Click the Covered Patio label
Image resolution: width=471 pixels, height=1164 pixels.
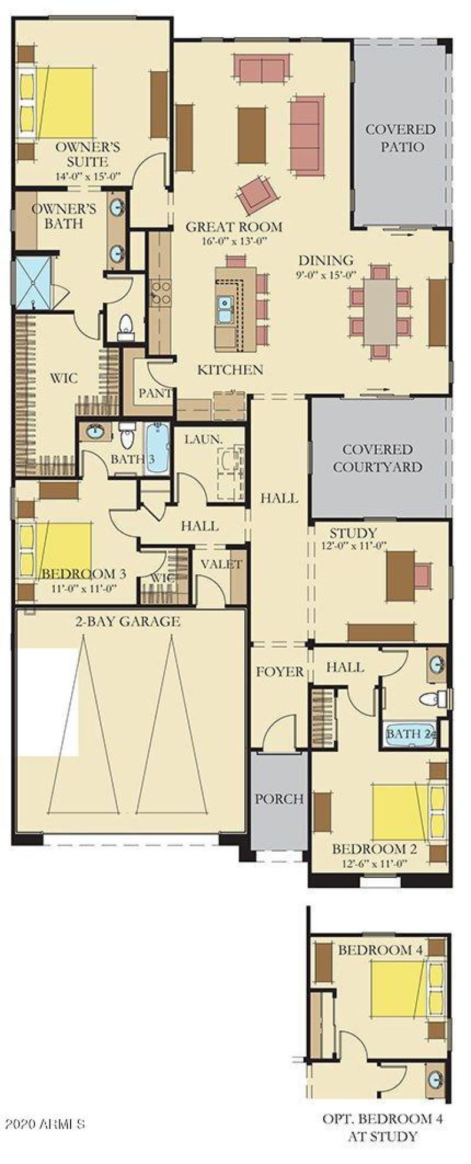coord(400,138)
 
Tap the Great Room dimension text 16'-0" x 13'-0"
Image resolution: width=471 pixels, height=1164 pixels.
coord(234,240)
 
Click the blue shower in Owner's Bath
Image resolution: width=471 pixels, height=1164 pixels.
coord(33,282)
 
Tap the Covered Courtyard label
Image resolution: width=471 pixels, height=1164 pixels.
coord(377,458)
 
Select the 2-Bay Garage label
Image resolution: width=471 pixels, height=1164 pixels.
coord(127,621)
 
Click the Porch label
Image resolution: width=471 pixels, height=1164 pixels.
coord(279,799)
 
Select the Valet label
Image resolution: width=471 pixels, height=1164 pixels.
coord(221,564)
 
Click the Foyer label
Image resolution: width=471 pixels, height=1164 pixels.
coord(280,672)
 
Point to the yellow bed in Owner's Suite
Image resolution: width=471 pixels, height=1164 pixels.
coord(65,103)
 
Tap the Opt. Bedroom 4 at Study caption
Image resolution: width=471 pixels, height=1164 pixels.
coord(383,1127)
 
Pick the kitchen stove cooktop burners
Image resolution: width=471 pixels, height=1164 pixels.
coord(161,293)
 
